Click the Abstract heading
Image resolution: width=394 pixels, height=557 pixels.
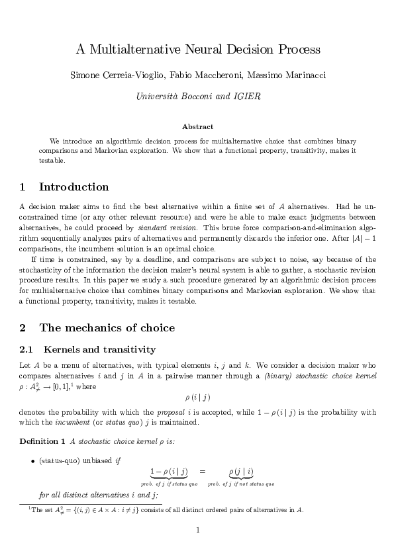coord(197,126)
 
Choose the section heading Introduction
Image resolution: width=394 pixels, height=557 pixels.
coord(74,187)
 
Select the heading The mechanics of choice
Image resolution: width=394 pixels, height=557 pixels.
coord(107,327)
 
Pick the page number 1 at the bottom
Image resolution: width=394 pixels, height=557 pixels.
coord(197,530)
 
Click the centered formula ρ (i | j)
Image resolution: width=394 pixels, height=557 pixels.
coord(197,397)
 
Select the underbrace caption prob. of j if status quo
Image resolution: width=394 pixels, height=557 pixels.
coord(169,484)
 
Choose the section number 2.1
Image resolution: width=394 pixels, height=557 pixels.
coord(28,349)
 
